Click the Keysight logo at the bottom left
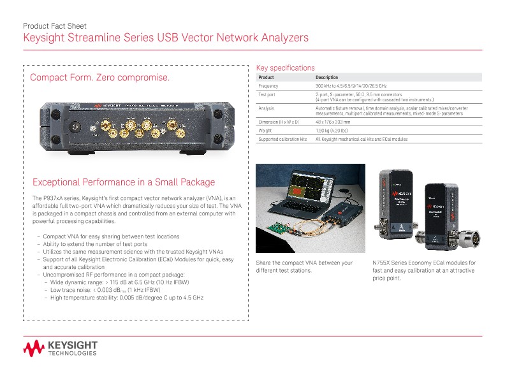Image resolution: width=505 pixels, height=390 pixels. tap(60, 349)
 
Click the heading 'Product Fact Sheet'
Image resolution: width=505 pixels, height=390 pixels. tap(56, 26)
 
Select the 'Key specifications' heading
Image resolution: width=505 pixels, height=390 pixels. tap(285, 68)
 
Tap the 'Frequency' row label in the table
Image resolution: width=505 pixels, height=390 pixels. tap(268, 85)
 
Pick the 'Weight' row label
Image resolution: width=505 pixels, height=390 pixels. tap(265, 130)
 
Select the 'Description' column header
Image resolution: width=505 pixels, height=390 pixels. tap(327, 77)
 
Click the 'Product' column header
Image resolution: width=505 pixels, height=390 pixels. tap(267, 77)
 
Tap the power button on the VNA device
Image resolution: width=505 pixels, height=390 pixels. tap(75, 127)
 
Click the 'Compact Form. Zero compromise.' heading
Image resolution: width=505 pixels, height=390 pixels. tap(101, 78)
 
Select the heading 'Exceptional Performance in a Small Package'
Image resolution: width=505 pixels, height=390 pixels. tap(124, 182)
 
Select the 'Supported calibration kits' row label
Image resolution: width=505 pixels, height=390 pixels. tap(282, 139)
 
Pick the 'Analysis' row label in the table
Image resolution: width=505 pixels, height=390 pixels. tap(266, 108)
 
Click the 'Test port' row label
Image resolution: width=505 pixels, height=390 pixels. tap(267, 94)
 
